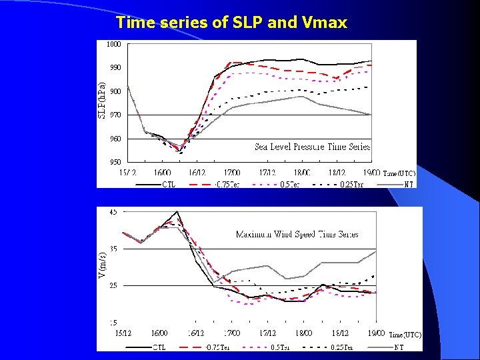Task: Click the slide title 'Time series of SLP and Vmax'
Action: coord(231,23)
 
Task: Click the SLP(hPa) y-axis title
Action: coord(102,101)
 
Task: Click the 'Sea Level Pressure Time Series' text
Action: coord(312,147)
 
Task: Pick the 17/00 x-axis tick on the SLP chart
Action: coord(232,173)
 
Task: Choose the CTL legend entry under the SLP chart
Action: coord(169,184)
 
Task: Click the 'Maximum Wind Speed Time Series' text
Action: coord(297,234)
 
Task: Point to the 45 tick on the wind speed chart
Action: coord(113,211)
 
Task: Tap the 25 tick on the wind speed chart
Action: coord(113,285)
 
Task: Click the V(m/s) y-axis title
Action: coord(102,265)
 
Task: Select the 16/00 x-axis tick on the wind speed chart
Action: coord(159,333)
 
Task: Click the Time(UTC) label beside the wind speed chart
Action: coord(405,334)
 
